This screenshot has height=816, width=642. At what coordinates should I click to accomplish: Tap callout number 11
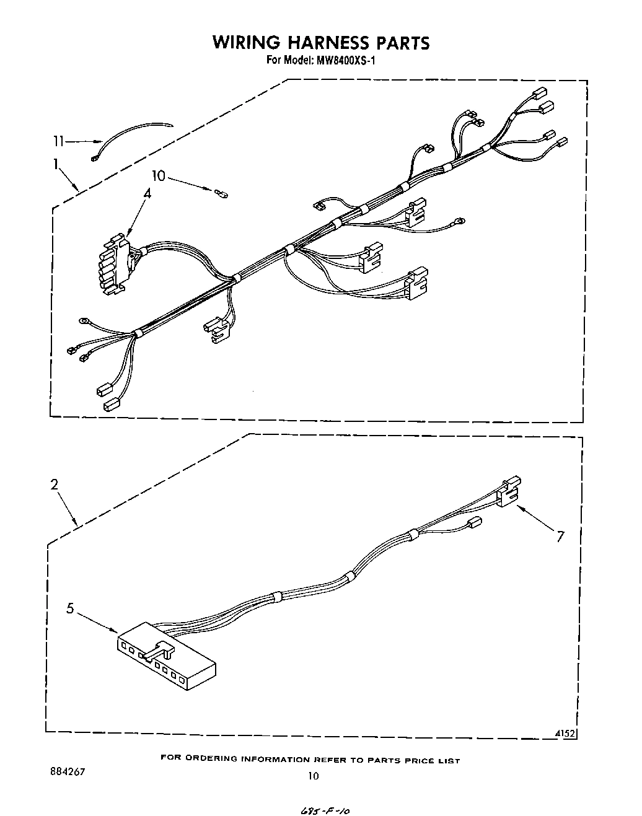58,142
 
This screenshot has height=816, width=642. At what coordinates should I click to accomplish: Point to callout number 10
159,176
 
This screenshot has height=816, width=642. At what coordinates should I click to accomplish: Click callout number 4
147,193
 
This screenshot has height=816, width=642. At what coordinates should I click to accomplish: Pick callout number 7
560,537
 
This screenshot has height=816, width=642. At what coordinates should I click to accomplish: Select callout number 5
71,609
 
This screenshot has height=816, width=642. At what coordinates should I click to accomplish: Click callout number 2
55,485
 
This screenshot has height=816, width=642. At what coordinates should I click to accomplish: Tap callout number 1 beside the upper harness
56,164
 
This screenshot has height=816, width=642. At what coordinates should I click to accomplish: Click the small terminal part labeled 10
221,195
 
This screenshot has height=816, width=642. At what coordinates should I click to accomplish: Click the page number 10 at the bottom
314,775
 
